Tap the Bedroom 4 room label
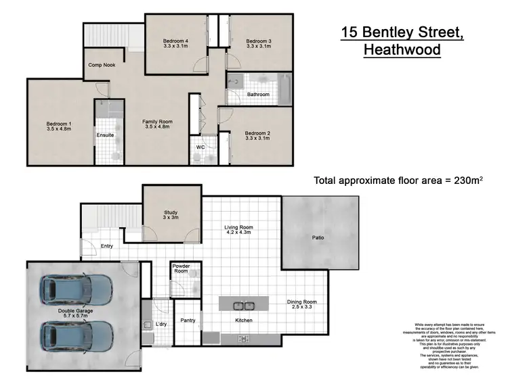175,41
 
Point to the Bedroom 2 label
257,133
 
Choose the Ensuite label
105,135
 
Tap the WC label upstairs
200,147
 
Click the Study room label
171,212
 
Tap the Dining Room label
301,302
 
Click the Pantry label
187,320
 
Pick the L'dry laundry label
161,325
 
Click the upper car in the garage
77,290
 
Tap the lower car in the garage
77,335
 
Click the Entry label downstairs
107,246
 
